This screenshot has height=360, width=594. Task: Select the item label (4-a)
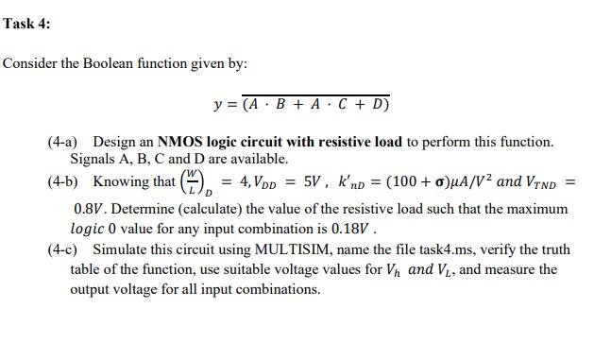pyautogui.click(x=62, y=142)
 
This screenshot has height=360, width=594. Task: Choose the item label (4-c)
pyautogui.click(x=62, y=251)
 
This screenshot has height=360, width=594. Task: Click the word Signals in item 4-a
pyautogui.click(x=93, y=159)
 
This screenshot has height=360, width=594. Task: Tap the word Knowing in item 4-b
pyautogui.click(x=120, y=181)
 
